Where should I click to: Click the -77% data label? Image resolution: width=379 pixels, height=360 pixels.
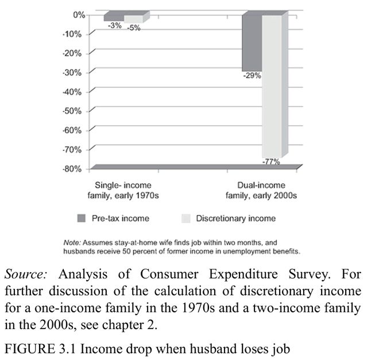point(270,162)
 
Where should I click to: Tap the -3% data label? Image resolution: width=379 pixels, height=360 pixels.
point(114,25)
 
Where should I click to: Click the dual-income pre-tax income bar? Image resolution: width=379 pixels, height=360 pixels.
point(252,42)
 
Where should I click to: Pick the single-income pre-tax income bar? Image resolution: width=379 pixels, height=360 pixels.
point(113,18)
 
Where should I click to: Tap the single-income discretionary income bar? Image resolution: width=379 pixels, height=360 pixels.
point(133,19)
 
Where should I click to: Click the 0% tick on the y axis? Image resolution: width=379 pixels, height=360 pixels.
point(78,14)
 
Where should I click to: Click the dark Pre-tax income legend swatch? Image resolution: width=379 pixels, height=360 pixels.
point(82,218)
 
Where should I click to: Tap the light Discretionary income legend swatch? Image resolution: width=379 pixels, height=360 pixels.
point(185,218)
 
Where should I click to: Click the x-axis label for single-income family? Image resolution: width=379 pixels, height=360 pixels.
point(124,191)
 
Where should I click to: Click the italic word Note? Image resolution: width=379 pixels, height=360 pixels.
point(72,243)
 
